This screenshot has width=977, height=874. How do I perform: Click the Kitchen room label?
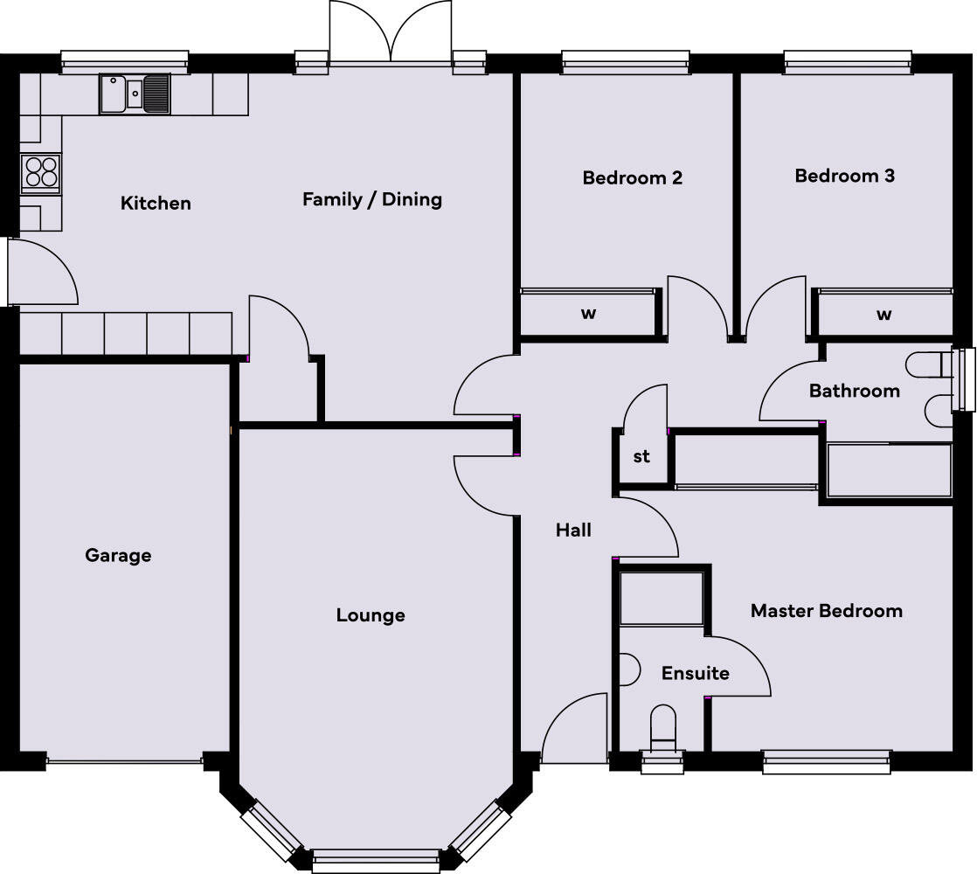(x=156, y=204)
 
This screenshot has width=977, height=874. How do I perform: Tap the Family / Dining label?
(x=372, y=199)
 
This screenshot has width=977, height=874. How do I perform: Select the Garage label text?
(x=118, y=555)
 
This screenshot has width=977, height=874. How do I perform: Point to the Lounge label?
(x=371, y=615)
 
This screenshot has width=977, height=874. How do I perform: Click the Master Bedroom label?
(x=826, y=611)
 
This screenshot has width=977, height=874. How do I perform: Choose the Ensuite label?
(x=695, y=673)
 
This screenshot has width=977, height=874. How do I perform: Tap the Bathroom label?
(x=854, y=391)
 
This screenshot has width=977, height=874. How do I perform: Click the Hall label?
(x=573, y=530)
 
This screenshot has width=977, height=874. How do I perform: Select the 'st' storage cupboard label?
(x=641, y=457)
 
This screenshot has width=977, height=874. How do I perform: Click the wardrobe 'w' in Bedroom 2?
(x=588, y=314)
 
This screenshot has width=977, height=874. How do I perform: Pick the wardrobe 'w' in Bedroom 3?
(x=883, y=314)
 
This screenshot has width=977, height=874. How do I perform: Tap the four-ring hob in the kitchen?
(x=41, y=171)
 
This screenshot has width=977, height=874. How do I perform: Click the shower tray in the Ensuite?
(x=662, y=599)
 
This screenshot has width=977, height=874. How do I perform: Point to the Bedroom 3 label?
(x=844, y=176)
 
